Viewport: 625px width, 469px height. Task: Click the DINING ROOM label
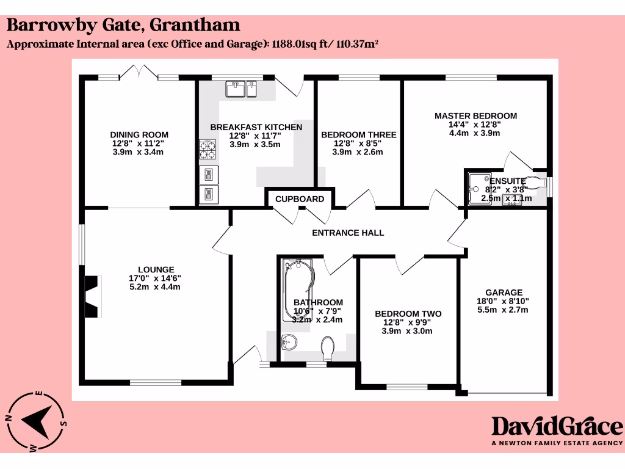(x=139, y=135)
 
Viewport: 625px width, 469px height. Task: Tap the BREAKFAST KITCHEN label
(x=256, y=127)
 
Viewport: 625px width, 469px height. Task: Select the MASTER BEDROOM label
(x=475, y=115)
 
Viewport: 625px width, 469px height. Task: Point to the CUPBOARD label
(x=300, y=199)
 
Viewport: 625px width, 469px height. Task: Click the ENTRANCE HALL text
(x=348, y=233)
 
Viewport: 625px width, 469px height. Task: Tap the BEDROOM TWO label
(x=408, y=314)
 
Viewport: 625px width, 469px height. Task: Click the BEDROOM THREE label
(x=358, y=135)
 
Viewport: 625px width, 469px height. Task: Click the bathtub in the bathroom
(x=298, y=287)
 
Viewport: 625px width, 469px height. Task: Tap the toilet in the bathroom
(x=328, y=349)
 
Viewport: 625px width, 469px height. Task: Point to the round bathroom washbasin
(x=289, y=342)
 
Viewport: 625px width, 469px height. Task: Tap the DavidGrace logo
(x=557, y=426)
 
